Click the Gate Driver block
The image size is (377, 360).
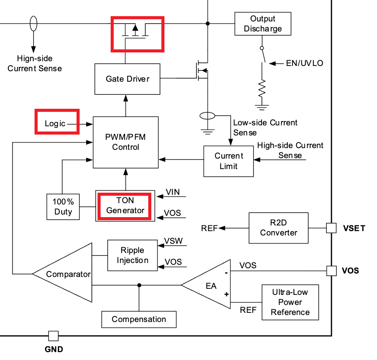(127, 79)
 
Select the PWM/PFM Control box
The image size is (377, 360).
(126, 142)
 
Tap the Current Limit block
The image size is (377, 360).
(228, 161)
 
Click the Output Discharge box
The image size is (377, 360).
(262, 24)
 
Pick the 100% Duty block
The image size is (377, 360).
(63, 207)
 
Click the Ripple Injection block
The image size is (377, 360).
(132, 255)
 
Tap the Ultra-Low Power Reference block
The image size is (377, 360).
(290, 302)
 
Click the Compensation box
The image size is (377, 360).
(139, 319)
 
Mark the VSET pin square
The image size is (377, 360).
(332, 228)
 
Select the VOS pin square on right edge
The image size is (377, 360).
(332, 270)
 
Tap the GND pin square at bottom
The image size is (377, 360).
(53, 336)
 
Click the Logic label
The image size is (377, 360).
(56, 124)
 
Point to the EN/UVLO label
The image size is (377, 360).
(304, 63)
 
